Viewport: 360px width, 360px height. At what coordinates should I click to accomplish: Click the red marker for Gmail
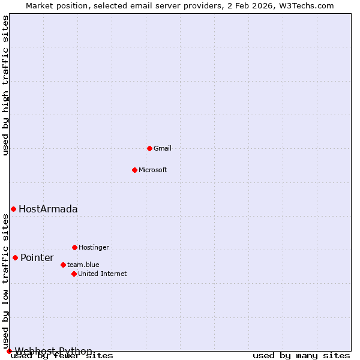pos(149,148)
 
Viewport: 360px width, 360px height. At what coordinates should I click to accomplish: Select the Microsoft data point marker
pos(134,170)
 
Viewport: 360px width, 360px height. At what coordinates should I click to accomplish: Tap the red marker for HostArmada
pos(13,209)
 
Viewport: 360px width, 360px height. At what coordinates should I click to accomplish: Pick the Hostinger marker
pos(74,247)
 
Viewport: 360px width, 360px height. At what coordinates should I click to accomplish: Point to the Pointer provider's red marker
pos(15,257)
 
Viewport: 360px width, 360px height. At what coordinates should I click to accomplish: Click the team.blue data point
pos(63,265)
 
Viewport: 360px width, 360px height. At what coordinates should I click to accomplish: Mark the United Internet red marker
pos(74,274)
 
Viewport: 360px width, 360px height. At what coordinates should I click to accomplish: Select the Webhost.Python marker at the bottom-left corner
pos(9,351)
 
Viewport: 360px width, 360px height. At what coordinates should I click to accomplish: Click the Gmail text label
pos(163,148)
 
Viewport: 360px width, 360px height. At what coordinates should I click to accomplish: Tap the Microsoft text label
pos(153,170)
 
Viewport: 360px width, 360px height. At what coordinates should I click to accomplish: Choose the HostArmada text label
pos(48,209)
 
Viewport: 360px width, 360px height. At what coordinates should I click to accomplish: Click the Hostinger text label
pos(94,247)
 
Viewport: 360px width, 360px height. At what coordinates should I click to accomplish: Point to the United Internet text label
pos(103,274)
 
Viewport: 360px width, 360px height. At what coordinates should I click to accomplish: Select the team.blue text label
pos(83,265)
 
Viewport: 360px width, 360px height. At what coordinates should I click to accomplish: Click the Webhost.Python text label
pos(53,351)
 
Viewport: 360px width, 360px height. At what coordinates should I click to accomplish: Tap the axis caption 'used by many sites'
pos(301,356)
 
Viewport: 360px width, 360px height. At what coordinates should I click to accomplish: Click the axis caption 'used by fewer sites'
pos(62,356)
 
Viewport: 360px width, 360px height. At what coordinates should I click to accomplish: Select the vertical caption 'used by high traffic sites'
pos(6,86)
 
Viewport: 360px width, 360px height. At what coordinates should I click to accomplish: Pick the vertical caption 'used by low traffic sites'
pos(6,282)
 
